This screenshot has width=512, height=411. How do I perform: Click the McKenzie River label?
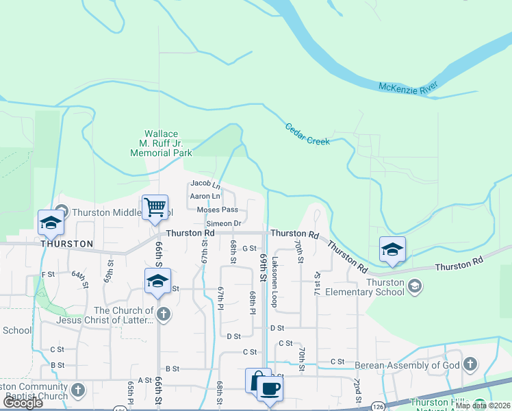409,88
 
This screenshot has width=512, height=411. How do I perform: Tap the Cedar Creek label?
307,133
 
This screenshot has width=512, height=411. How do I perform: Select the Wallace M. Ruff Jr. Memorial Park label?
161,144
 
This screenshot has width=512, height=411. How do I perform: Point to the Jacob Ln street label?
205,184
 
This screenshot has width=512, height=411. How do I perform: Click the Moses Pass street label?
217,210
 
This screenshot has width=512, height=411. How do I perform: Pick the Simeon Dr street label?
223,223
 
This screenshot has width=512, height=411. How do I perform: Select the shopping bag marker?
258,380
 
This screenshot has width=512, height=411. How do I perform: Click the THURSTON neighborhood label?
66,244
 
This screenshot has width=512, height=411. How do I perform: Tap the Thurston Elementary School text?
385,287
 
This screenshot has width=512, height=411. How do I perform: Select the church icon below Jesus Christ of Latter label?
163,314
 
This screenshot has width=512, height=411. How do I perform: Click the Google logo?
22,403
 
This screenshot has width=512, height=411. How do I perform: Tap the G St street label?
248,249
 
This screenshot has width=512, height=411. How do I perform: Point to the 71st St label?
317,282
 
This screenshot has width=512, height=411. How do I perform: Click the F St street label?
48,275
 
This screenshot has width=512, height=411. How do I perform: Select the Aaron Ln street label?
204,197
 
